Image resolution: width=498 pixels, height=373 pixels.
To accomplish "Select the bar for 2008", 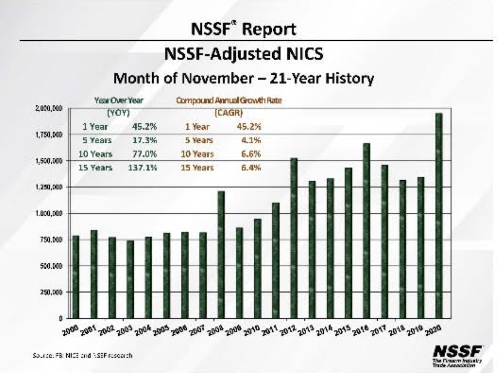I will point(221,254).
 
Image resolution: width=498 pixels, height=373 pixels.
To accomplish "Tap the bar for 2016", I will point(366,231).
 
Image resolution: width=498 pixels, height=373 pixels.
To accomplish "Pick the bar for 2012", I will point(294,238).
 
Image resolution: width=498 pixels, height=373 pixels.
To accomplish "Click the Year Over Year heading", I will point(115,100).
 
